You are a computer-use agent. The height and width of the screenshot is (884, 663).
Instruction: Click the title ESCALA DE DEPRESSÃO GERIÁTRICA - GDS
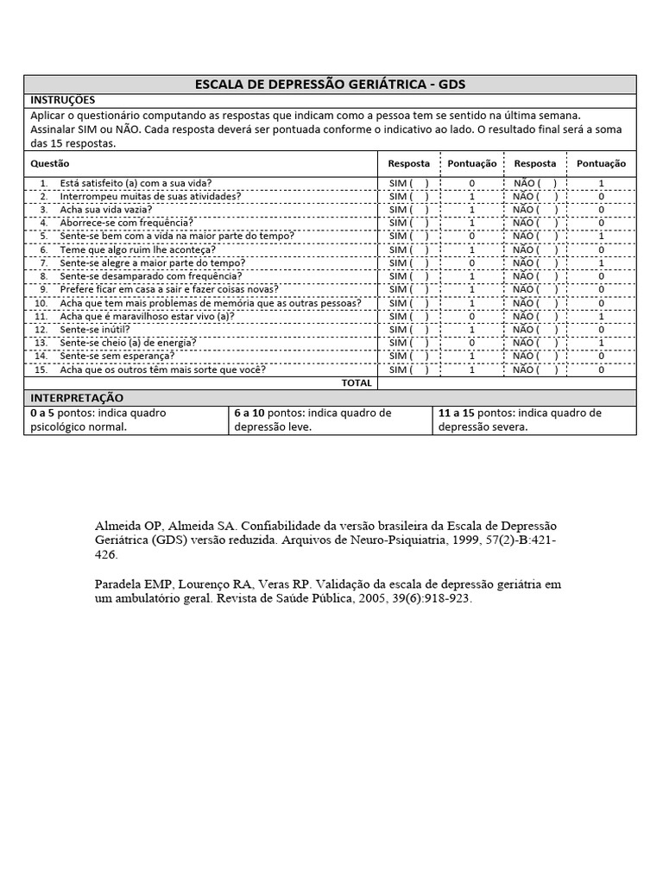(x=331, y=84)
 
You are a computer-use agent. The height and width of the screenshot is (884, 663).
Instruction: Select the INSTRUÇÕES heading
(x=63, y=100)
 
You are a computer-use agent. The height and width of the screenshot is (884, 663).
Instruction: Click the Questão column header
(x=50, y=163)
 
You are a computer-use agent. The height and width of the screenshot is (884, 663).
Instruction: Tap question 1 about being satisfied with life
(x=136, y=183)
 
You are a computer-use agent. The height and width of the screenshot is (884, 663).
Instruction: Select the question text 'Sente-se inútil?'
(x=95, y=330)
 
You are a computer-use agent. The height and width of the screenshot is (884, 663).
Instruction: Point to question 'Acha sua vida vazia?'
(x=106, y=210)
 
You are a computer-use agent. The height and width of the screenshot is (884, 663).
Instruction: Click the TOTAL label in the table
(x=357, y=382)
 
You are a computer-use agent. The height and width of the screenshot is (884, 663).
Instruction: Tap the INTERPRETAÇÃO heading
(x=77, y=398)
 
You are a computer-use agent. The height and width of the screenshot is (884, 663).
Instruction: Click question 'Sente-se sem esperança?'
(x=117, y=356)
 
